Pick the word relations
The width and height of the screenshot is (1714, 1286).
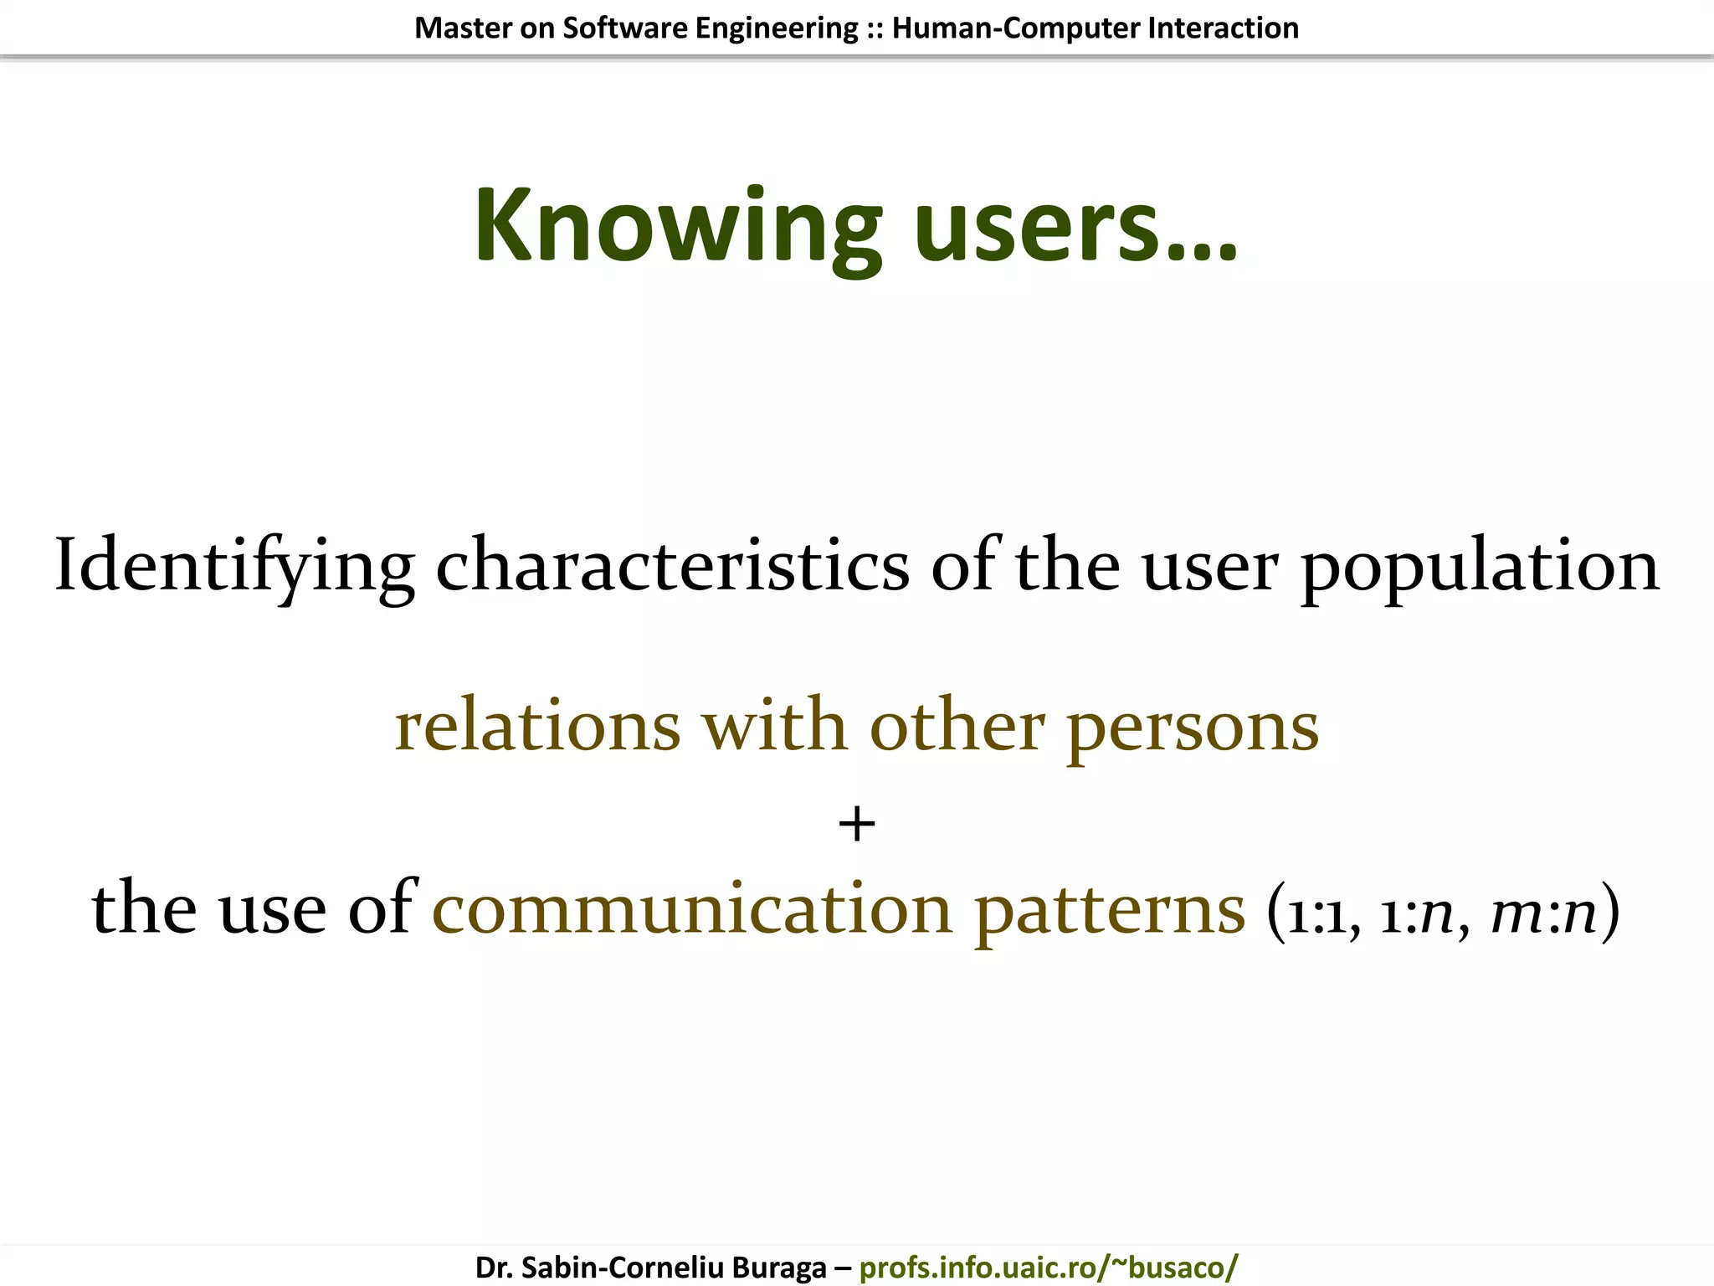pos(537,727)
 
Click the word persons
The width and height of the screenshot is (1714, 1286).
pos(1193,727)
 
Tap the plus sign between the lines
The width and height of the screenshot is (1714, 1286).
pos(856,825)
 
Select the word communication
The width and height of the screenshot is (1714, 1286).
pos(692,909)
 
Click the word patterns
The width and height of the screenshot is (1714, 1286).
pos(1110,909)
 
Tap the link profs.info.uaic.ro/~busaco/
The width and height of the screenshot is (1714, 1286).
pos(1048,1267)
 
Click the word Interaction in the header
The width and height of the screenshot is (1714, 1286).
pos(1223,28)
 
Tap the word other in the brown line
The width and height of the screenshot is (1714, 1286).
pos(957,727)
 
